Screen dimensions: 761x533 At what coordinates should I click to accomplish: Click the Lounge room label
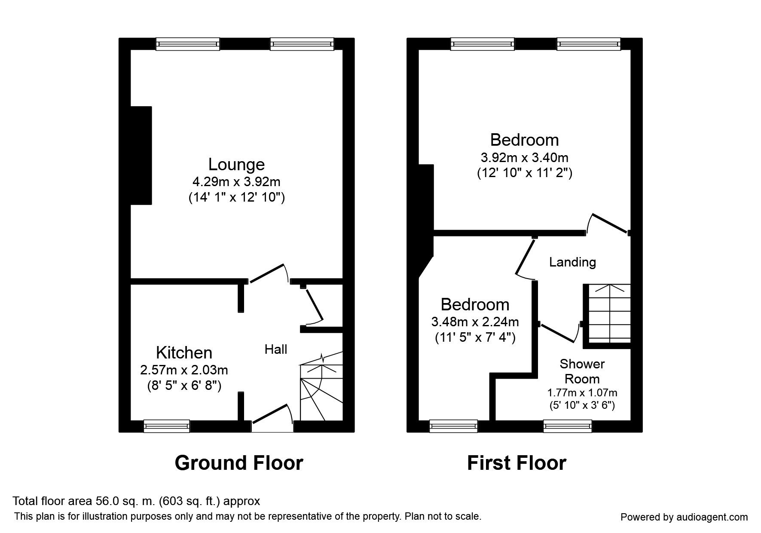pyautogui.click(x=236, y=165)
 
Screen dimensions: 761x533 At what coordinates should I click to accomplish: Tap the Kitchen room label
pyautogui.click(x=184, y=352)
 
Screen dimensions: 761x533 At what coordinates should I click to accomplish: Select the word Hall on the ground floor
pyautogui.click(x=276, y=349)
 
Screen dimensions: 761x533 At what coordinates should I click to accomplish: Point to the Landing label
pyautogui.click(x=572, y=262)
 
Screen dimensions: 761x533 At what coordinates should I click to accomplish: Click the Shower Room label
pyautogui.click(x=582, y=371)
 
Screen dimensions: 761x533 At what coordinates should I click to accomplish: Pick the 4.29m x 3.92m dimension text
pyautogui.click(x=237, y=182)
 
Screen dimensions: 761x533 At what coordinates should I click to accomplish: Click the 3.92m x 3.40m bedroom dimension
pyautogui.click(x=525, y=157)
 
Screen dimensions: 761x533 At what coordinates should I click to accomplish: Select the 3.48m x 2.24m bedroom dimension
pyautogui.click(x=475, y=322)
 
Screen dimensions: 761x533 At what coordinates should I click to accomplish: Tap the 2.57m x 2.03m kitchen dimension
pyautogui.click(x=184, y=370)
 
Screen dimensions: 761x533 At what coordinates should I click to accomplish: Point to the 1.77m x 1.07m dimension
pyautogui.click(x=582, y=392)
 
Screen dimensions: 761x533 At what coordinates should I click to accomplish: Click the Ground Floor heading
pyautogui.click(x=239, y=463)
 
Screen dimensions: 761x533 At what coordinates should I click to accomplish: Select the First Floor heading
pyautogui.click(x=517, y=463)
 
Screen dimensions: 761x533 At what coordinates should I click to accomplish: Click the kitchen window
pyautogui.click(x=167, y=426)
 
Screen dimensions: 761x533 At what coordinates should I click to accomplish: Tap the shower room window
pyautogui.click(x=568, y=426)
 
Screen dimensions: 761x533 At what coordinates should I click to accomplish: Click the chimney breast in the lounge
pyautogui.click(x=141, y=155)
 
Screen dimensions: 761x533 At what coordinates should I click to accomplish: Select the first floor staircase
pyautogui.click(x=607, y=316)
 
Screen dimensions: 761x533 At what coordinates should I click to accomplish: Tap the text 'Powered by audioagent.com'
pyautogui.click(x=684, y=518)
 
